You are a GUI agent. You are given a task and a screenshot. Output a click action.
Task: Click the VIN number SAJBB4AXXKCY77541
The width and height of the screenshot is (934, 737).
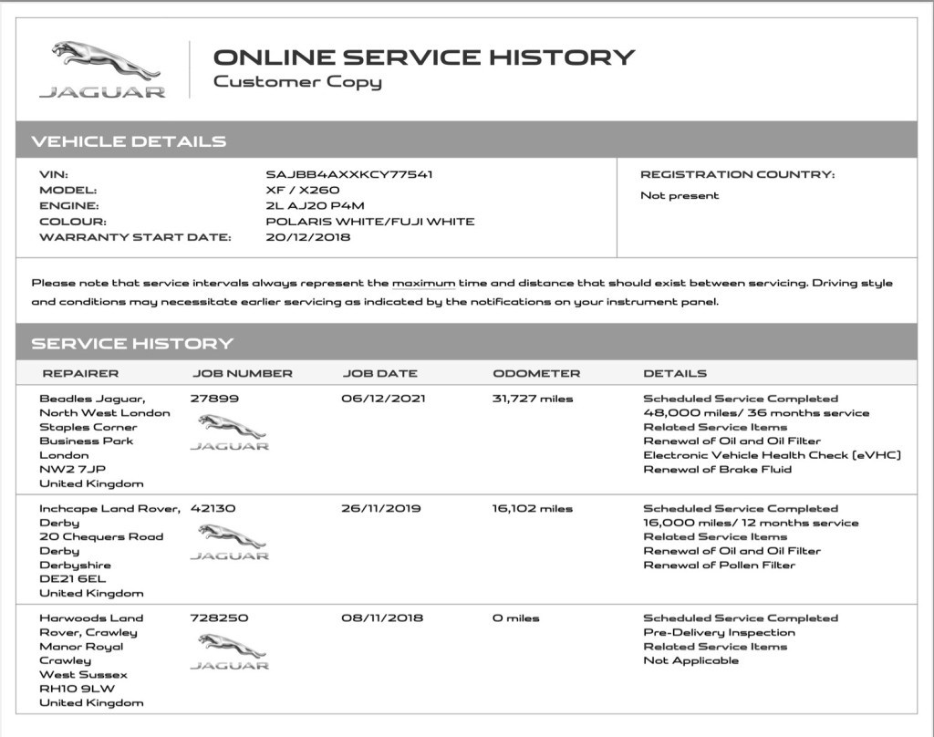(348, 174)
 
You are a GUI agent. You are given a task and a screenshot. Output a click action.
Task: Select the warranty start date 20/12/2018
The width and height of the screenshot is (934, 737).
(308, 237)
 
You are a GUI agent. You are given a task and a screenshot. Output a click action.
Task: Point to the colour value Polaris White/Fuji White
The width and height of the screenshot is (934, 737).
(370, 222)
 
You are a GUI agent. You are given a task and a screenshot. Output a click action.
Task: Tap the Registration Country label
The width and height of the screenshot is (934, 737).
(737, 174)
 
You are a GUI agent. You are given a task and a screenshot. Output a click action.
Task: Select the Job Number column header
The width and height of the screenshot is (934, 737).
(243, 373)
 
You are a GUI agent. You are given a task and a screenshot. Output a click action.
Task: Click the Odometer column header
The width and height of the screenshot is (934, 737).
(536, 373)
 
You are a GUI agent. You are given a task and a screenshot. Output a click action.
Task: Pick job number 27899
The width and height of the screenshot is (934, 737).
(211, 399)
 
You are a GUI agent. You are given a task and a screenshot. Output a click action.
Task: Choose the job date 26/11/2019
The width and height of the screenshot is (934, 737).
(381, 509)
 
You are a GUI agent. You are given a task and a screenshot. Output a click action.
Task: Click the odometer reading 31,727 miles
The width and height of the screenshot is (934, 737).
(534, 399)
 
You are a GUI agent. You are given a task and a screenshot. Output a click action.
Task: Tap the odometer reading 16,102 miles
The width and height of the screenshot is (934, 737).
(533, 509)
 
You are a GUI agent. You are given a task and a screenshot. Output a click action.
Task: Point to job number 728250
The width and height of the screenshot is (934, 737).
(218, 618)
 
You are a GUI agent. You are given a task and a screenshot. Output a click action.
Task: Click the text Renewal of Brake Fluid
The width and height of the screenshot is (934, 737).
(718, 469)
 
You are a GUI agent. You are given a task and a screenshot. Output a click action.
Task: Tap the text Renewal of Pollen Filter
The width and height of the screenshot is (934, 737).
(720, 565)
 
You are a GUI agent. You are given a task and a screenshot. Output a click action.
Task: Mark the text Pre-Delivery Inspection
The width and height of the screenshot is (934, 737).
(720, 632)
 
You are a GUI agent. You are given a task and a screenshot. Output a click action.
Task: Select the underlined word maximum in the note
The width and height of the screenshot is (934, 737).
(423, 284)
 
